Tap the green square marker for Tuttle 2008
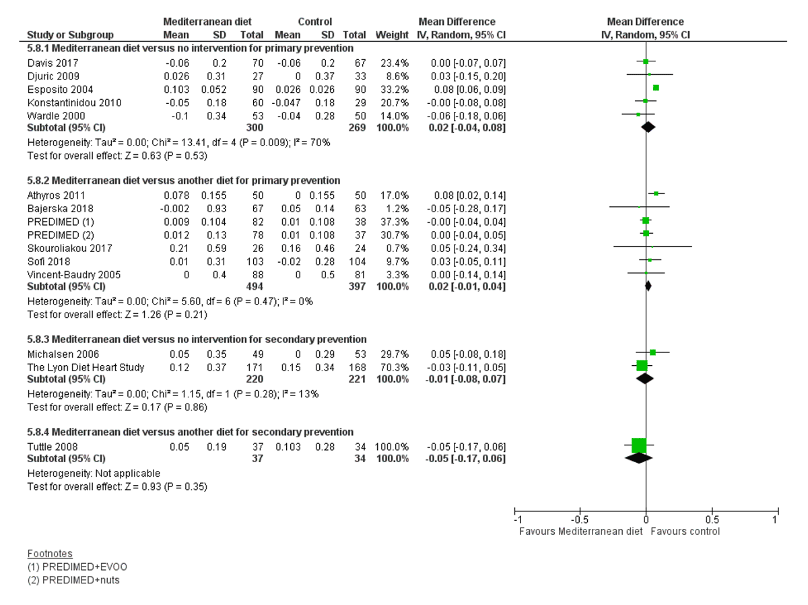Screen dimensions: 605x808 tap(639, 445)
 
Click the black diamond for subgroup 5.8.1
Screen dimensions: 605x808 tap(648, 127)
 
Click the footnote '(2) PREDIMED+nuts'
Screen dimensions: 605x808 tap(73, 579)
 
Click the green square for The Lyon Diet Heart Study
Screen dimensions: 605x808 tap(642, 365)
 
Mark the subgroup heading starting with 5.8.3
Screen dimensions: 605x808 tap(197, 339)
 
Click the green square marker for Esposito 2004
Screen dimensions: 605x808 tap(656, 88)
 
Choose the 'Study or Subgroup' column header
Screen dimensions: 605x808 tap(70, 34)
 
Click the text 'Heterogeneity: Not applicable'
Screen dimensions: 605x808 tap(94, 473)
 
